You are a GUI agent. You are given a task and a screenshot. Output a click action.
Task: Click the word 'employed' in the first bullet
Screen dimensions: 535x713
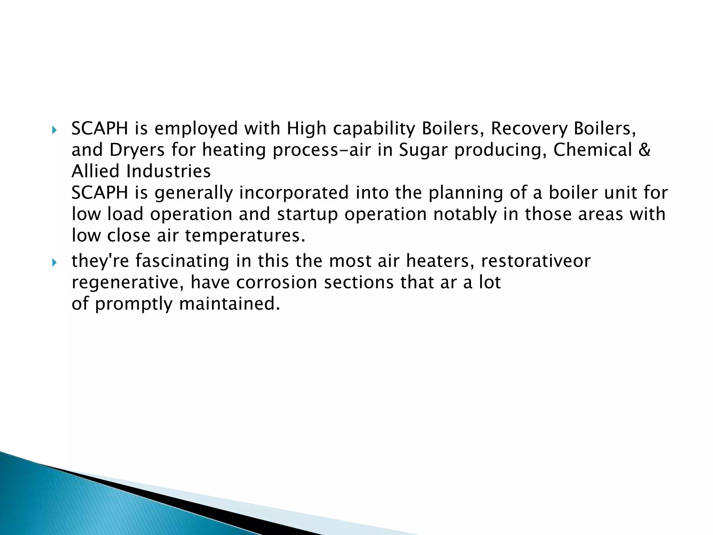(x=196, y=129)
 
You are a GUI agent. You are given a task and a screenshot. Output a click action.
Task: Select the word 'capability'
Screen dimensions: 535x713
(x=374, y=129)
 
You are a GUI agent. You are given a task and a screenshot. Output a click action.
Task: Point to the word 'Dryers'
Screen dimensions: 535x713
(x=137, y=150)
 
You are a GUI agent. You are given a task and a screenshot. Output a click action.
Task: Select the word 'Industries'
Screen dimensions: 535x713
(x=169, y=171)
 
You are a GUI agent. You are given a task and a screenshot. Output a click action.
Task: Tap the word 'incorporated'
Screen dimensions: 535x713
(x=294, y=193)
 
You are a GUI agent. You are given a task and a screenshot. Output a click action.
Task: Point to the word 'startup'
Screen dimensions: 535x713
(x=307, y=215)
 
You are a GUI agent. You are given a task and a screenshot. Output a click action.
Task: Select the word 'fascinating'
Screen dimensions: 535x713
(x=182, y=261)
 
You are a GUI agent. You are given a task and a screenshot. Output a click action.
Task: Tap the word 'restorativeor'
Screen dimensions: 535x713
(x=536, y=261)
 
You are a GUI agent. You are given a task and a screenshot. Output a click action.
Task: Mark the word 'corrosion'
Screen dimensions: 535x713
(x=277, y=282)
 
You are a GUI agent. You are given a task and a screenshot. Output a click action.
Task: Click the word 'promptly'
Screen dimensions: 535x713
(x=134, y=304)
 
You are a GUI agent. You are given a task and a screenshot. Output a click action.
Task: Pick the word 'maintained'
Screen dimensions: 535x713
(x=230, y=303)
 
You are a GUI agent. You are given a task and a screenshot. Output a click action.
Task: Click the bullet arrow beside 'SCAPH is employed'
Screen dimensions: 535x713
(x=54, y=131)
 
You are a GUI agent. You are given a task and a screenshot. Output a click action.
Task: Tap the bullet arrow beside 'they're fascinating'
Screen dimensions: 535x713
(x=54, y=263)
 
